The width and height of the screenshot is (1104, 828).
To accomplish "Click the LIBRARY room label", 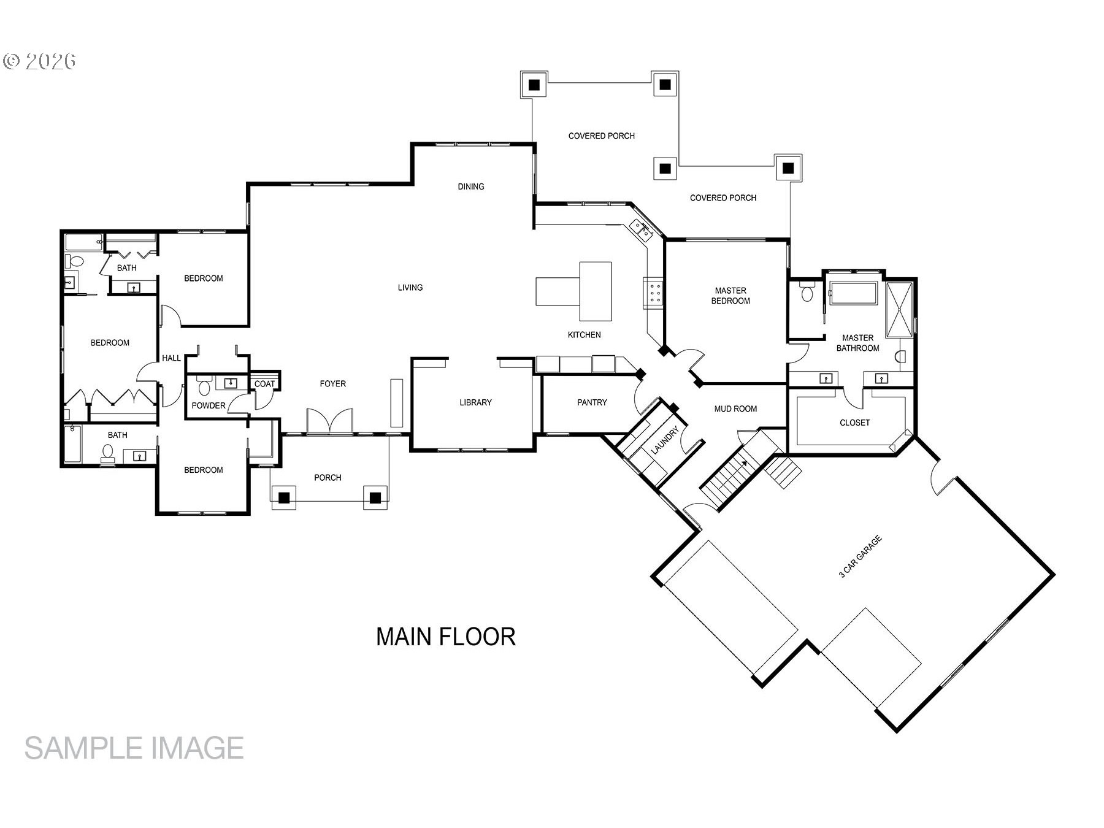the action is pyautogui.click(x=475, y=402).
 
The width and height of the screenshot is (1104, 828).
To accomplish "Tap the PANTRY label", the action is pyautogui.click(x=592, y=402).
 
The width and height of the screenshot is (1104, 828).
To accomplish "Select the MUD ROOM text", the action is pyautogui.click(x=735, y=408).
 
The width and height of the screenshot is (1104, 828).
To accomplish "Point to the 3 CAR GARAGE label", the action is pyautogui.click(x=860, y=556).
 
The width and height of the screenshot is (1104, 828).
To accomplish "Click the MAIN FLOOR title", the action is pyautogui.click(x=446, y=637).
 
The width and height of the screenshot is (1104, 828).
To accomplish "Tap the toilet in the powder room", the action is pyautogui.click(x=204, y=386).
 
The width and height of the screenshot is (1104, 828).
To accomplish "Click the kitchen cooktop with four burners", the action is pyautogui.click(x=652, y=293).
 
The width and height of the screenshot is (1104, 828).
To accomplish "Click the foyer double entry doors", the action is pyautogui.click(x=330, y=421).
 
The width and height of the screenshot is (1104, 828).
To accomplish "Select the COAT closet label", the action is pyautogui.click(x=264, y=384).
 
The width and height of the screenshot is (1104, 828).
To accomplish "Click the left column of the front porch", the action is pyautogui.click(x=284, y=498).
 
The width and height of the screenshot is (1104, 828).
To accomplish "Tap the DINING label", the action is pyautogui.click(x=471, y=186).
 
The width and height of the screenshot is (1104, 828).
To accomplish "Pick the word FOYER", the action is pyautogui.click(x=333, y=384).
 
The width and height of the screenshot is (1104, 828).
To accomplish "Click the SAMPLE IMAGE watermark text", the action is pyautogui.click(x=134, y=748).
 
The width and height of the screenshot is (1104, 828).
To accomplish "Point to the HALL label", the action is pyautogui.click(x=171, y=358).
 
